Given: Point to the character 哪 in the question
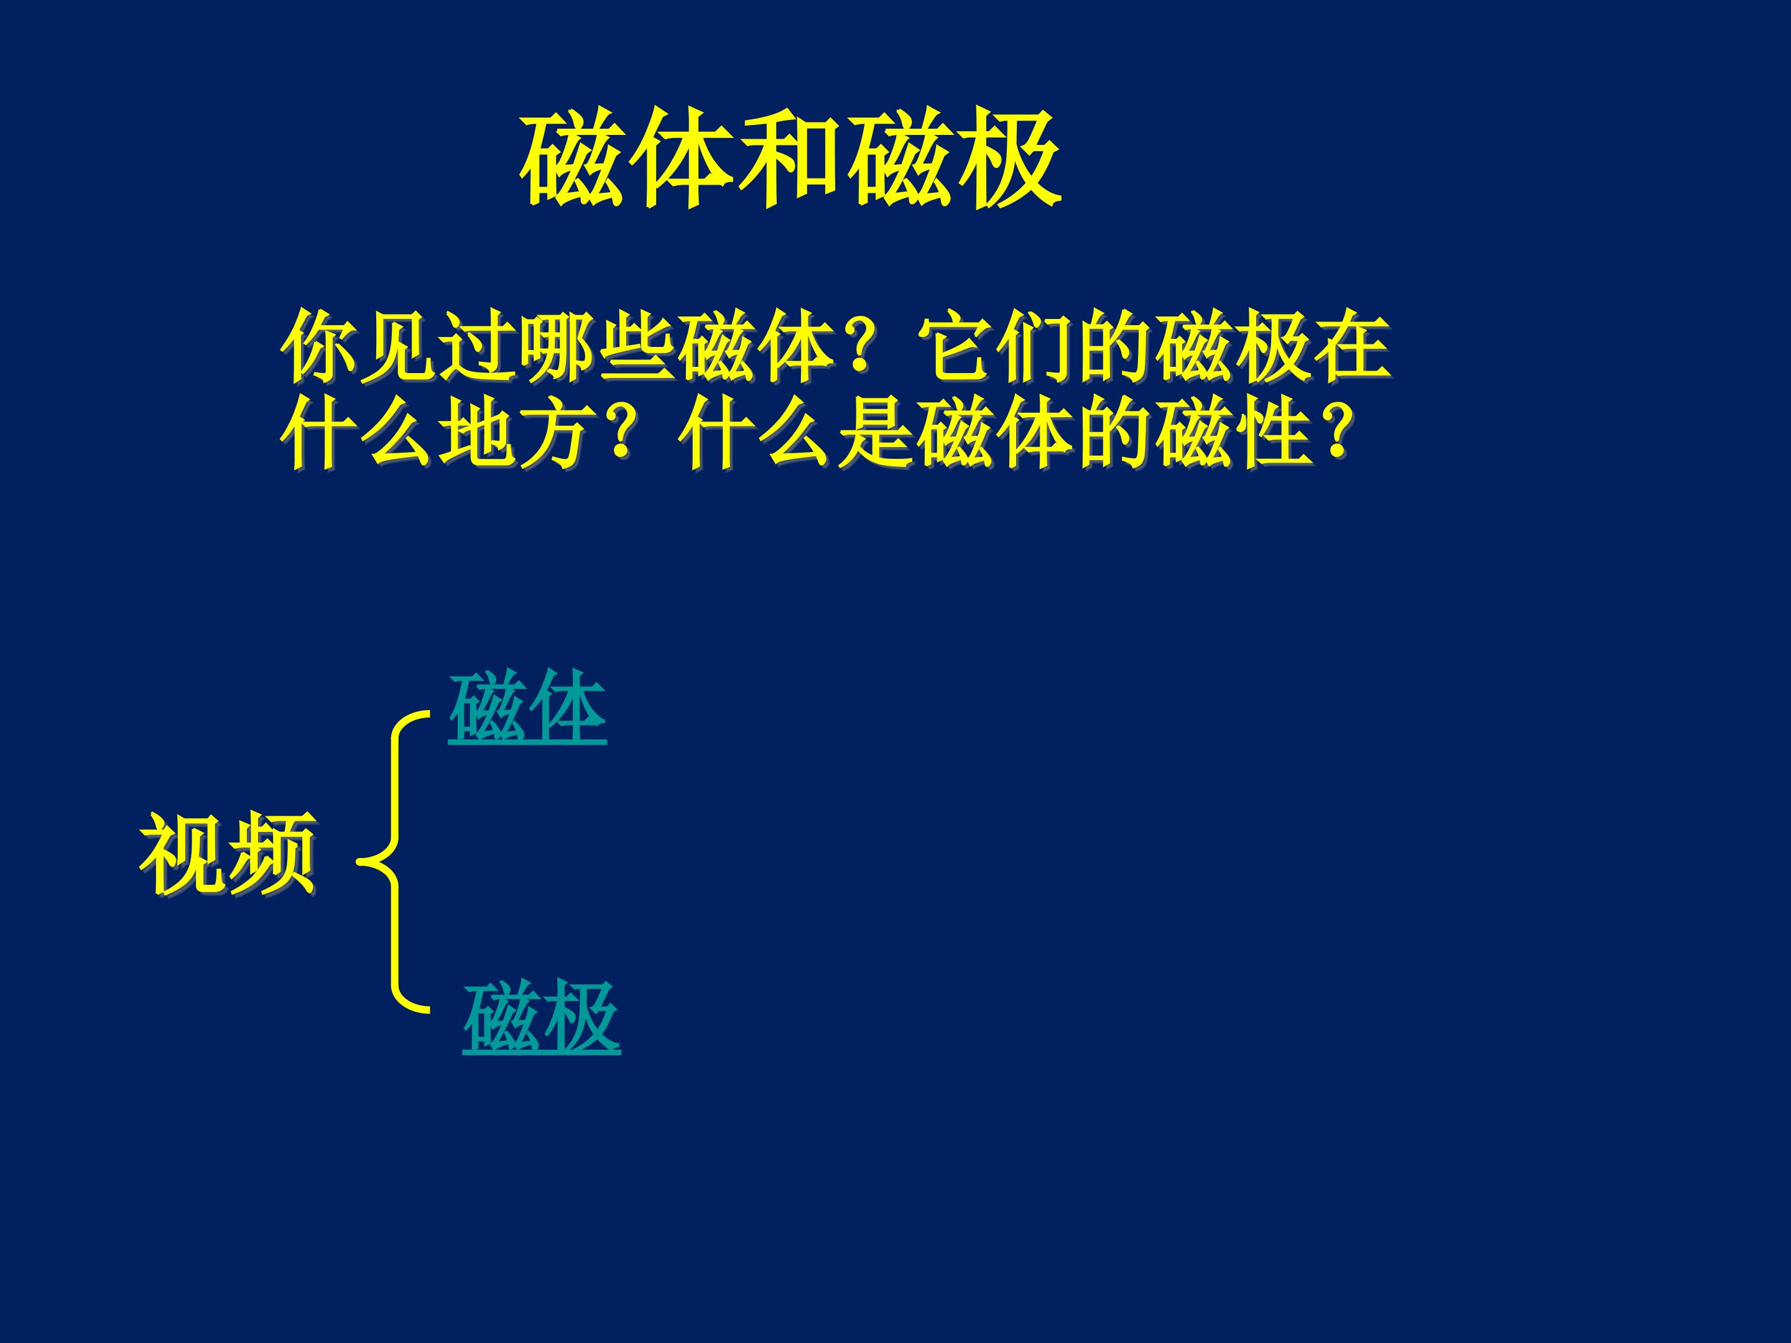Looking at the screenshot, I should click(x=558, y=346).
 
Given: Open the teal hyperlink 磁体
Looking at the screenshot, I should click(x=527, y=707).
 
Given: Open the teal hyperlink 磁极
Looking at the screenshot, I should click(x=542, y=1018).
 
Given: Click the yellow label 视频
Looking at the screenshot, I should click(x=228, y=854).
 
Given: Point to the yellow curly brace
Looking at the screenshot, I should click(x=395, y=862).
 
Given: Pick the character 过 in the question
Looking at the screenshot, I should click(x=478, y=346).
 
